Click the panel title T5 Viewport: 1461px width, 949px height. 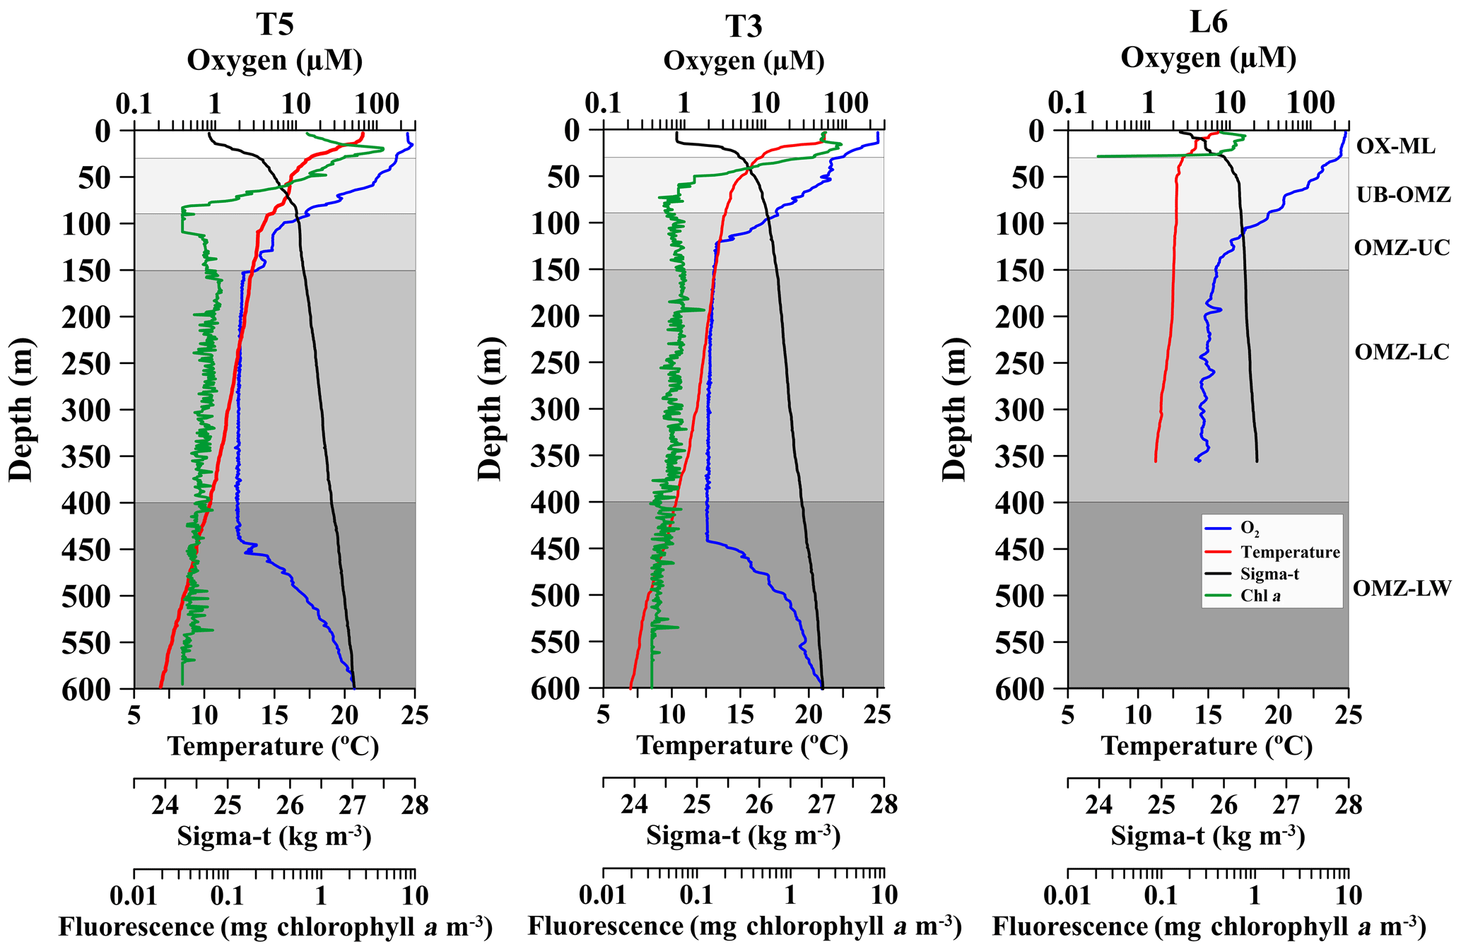pyautogui.click(x=274, y=25)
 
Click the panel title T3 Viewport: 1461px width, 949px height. pyautogui.click(x=744, y=26)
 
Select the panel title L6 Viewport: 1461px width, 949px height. pyautogui.click(x=1208, y=23)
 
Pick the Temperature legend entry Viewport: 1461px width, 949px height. pyautogui.click(x=1289, y=552)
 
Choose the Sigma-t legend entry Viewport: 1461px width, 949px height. pyautogui.click(x=1269, y=574)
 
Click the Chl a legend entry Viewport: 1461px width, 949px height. pyautogui.click(x=1260, y=596)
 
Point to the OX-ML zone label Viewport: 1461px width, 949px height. pyautogui.click(x=1396, y=146)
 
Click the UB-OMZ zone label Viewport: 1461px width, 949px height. pyautogui.click(x=1403, y=194)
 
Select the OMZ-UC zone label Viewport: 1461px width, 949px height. pyautogui.click(x=1402, y=248)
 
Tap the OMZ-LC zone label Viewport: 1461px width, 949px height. pyautogui.click(x=1402, y=352)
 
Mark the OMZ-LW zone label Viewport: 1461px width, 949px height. pyautogui.click(x=1402, y=588)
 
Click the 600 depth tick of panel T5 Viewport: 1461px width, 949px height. pyautogui.click(x=86, y=689)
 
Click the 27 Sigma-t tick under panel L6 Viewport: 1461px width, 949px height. pyautogui.click(x=1286, y=805)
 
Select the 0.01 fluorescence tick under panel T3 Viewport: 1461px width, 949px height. pyautogui.click(x=603, y=895)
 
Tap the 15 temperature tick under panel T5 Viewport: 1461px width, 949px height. pyautogui.click(x=274, y=716)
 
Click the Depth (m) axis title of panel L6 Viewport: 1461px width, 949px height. pyautogui.click(x=955, y=409)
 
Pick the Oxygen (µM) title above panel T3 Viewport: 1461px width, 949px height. pyautogui.click(x=744, y=61)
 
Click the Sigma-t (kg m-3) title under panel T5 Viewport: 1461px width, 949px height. pyautogui.click(x=274, y=836)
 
